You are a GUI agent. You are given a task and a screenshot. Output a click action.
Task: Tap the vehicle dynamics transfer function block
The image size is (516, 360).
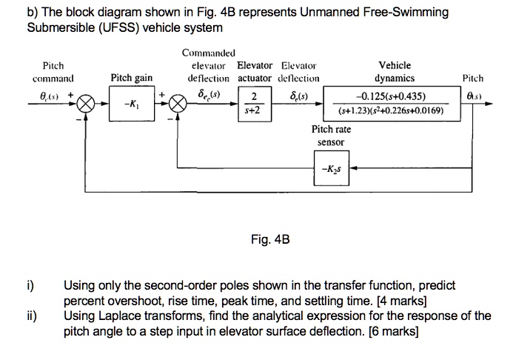pyautogui.click(x=390, y=104)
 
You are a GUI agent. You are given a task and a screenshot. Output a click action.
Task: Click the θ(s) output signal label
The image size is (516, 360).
pyautogui.click(x=473, y=94)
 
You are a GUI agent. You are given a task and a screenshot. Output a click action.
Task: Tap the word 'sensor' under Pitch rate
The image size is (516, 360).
pyautogui.click(x=331, y=142)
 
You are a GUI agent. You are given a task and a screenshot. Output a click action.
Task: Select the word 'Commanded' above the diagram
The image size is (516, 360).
pyautogui.click(x=208, y=53)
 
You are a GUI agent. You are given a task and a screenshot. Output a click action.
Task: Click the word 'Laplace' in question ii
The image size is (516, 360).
pyautogui.click(x=128, y=316)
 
